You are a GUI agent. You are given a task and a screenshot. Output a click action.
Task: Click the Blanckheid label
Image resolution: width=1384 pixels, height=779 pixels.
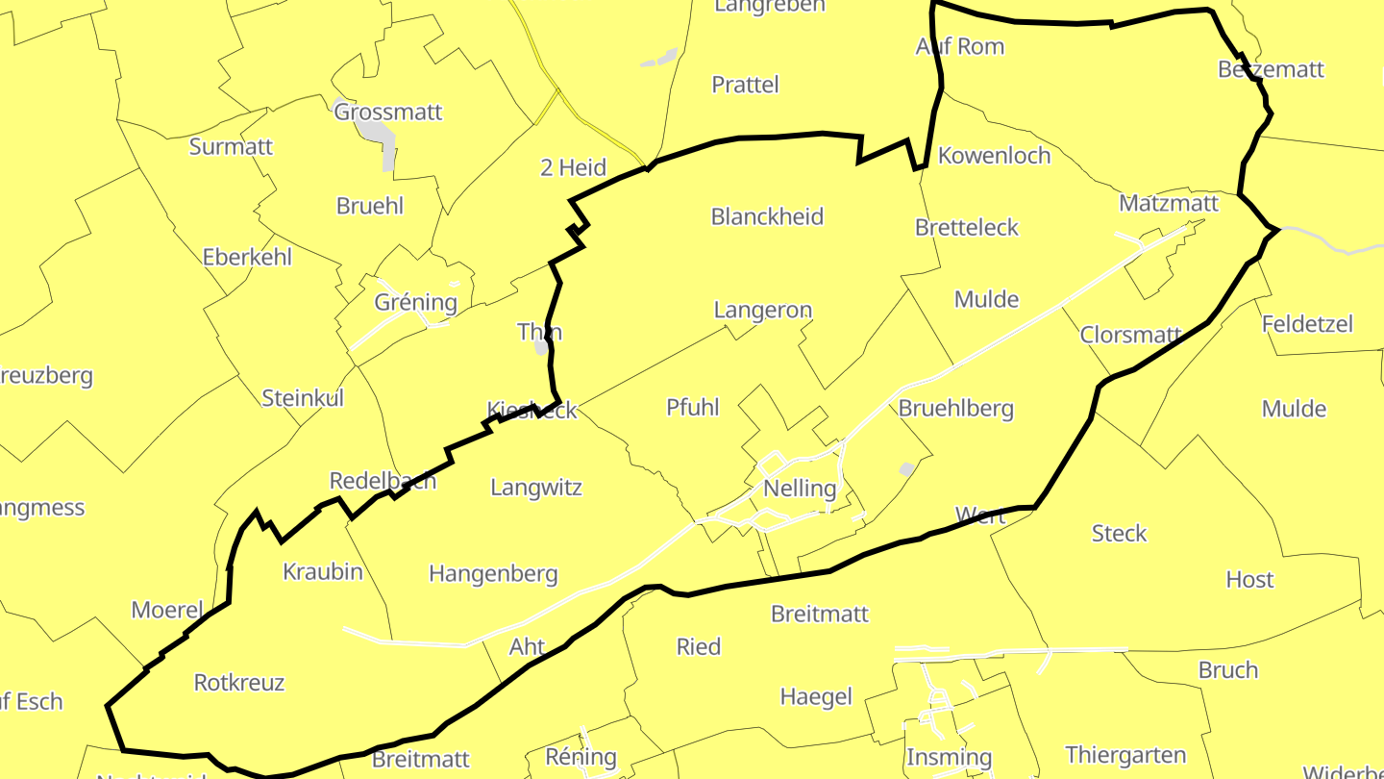[x=767, y=216]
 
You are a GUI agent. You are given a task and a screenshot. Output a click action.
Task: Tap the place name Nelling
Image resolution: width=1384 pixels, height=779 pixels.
[x=800, y=489]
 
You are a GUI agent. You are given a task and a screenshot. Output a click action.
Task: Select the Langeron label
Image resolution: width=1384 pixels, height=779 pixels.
[x=763, y=311]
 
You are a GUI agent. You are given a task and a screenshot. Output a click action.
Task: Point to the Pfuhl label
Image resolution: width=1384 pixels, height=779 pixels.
[x=692, y=407]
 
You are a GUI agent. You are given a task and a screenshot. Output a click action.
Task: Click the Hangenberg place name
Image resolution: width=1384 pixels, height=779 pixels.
[x=493, y=574]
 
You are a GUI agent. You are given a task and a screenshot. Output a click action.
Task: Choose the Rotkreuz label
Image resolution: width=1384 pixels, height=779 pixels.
[x=239, y=683]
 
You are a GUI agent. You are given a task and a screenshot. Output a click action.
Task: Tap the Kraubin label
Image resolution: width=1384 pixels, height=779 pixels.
[x=323, y=572]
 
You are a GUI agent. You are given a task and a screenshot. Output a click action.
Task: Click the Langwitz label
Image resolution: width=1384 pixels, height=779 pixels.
[x=536, y=488]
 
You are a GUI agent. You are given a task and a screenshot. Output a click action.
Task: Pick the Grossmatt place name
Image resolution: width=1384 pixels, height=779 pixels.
[x=388, y=112]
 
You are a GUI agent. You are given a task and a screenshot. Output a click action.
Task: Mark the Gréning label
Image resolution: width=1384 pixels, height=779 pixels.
[x=416, y=302]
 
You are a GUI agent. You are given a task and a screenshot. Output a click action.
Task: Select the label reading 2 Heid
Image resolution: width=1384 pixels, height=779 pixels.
[x=573, y=167]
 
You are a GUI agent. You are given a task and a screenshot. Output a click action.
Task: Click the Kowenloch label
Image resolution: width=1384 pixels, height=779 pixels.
[x=994, y=156]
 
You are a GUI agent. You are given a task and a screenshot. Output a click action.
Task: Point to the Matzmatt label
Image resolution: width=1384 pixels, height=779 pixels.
[x=1169, y=204]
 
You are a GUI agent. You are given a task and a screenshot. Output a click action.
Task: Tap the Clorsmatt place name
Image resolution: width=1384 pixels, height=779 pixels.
[x=1130, y=335]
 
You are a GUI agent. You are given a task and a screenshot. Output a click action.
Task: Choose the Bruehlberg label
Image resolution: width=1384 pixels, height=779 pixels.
[x=955, y=408]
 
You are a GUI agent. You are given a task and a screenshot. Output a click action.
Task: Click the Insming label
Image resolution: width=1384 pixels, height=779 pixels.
[x=949, y=757]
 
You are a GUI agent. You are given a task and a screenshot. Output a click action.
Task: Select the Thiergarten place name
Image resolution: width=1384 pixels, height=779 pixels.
[x=1125, y=755]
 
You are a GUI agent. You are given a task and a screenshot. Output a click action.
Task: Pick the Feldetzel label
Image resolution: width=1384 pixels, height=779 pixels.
[x=1307, y=324]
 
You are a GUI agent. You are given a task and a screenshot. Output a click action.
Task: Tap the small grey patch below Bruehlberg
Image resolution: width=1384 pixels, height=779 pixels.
[x=905, y=469]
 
